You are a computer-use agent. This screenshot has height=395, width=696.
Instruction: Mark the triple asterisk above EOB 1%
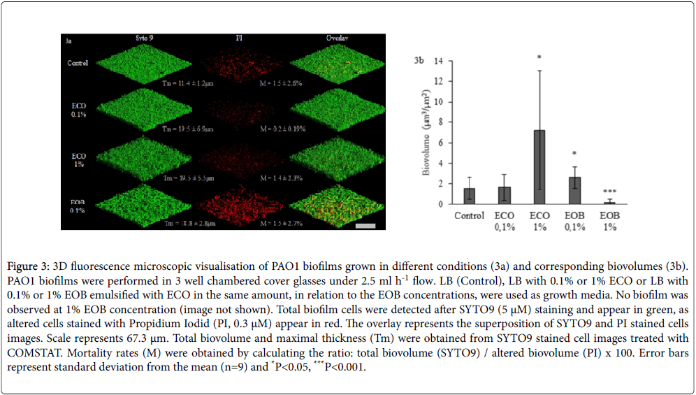pyautogui.click(x=609, y=190)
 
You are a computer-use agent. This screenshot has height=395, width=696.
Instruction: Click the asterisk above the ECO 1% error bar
pyautogui.click(x=539, y=57)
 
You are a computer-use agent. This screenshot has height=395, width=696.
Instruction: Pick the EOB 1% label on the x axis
pyautogui.click(x=609, y=222)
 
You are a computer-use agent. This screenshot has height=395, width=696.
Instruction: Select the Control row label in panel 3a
pyautogui.click(x=78, y=63)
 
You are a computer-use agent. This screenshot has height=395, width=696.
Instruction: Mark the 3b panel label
pyautogui.click(x=419, y=62)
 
